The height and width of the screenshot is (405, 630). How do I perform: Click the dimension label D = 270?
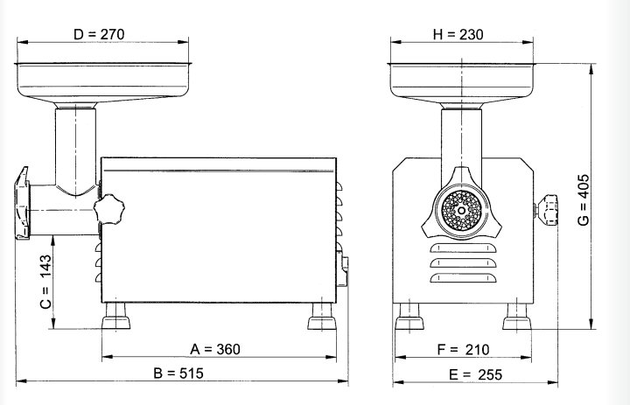pos(100,34)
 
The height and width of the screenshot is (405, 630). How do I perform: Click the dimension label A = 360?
pos(215,349)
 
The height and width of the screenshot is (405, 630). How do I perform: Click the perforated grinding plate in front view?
pos(461,210)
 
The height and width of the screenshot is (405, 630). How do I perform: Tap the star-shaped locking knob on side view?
pos(111,209)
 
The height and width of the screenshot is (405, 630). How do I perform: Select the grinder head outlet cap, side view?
pos(22,202)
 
